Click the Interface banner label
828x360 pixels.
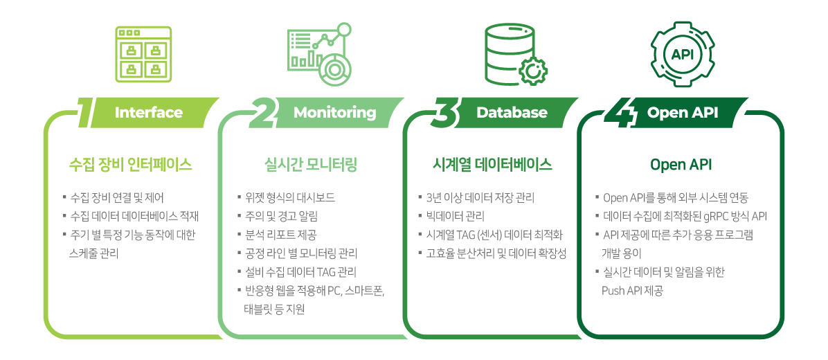coord(148,112)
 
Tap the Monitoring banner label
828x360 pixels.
coord(335,112)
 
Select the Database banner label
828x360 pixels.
coord(512,112)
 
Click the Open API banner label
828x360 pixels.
coord(682,112)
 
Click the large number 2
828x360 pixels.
coord(264,112)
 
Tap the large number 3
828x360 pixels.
coord(447,112)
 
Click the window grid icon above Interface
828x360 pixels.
coord(143,55)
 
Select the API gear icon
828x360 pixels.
coord(682,54)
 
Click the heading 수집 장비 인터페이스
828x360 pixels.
coord(130,165)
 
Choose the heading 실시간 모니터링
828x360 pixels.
coord(310,165)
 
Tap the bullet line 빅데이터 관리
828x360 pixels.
coord(451,217)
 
